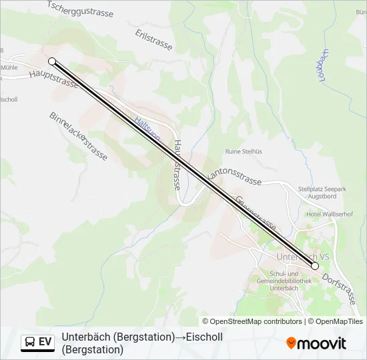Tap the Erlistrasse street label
pos(153,40)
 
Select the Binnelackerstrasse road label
pos(78,136)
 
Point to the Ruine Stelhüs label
pos(244,151)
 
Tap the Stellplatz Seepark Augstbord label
pos(322,193)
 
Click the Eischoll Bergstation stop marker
pos(52,61)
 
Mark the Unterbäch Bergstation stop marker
pos(315,266)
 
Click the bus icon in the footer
pos(29,342)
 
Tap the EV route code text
pos(45,342)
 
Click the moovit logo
pos(316,343)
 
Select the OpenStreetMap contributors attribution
pos(252,321)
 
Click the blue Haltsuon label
pos(146,128)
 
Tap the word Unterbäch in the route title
pos(85,337)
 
